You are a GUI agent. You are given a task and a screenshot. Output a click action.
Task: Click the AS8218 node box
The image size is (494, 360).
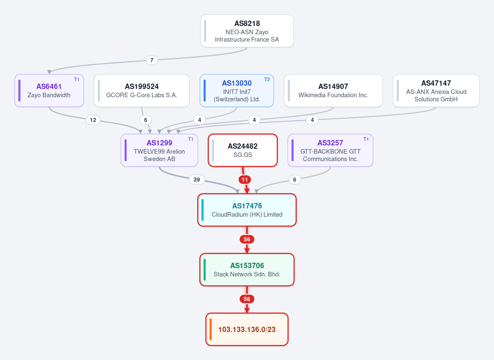(x=247, y=31)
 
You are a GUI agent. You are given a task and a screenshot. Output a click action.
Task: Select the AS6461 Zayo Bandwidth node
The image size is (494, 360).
(x=49, y=91)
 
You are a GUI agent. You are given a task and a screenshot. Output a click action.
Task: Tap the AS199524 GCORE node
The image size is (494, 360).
(x=142, y=91)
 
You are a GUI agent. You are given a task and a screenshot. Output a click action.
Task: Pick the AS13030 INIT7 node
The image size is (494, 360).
(x=237, y=91)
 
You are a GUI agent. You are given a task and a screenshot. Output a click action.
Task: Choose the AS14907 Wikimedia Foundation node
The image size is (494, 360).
(x=333, y=91)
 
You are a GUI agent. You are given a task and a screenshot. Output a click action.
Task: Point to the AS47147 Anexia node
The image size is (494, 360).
(x=436, y=91)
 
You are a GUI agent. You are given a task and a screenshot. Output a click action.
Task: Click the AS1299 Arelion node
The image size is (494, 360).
(x=159, y=150)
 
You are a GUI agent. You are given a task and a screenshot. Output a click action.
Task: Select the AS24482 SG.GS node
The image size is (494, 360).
(x=242, y=150)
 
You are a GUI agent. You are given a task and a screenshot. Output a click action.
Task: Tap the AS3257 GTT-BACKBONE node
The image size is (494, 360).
(x=330, y=150)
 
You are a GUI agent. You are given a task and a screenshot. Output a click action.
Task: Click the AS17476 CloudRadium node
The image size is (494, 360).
(x=247, y=210)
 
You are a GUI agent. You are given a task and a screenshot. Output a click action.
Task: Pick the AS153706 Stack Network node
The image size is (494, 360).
(x=247, y=270)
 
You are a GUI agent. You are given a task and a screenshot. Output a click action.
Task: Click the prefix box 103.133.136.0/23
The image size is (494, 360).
(x=247, y=330)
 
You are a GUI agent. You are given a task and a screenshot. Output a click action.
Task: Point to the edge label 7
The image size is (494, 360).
(x=152, y=60)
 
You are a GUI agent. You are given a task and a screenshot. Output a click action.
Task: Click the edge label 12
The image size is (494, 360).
(x=93, y=120)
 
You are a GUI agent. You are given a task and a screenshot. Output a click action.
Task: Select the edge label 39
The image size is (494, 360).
(x=196, y=180)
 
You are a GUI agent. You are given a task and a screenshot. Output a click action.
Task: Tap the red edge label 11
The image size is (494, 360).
(x=245, y=180)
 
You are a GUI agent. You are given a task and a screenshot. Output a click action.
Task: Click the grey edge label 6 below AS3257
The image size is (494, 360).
(x=295, y=180)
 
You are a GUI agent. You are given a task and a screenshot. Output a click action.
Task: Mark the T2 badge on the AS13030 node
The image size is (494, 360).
(x=267, y=79)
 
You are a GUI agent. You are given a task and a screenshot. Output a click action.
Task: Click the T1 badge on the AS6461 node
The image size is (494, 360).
(x=77, y=79)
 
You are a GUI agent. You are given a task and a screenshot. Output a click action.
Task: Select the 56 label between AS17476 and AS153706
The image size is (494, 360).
(x=247, y=239)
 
